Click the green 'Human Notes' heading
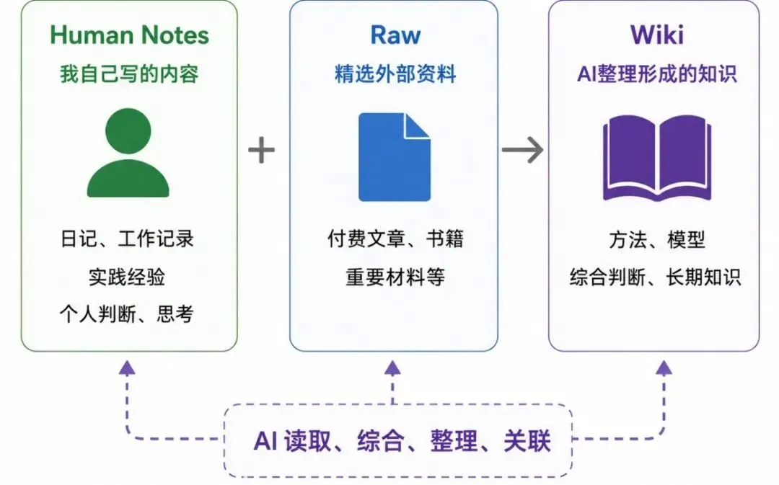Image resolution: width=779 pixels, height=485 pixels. coord(129,35)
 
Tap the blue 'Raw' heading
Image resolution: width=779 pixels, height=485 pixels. coord(395,35)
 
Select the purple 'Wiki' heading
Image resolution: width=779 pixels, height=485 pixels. coord(657,35)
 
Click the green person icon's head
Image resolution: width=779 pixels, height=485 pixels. coord(128,130)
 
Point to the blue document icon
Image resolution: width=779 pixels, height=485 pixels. coord(395,157)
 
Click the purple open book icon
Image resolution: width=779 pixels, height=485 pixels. coord(657,158)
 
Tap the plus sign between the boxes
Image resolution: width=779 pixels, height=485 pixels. coord(261,150)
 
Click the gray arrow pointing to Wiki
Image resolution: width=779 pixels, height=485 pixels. coord(522,149)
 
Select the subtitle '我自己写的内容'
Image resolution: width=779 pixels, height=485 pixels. coord(129,74)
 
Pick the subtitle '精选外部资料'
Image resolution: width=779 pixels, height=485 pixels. coord(395,74)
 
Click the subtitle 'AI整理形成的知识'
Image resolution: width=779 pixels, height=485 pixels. coord(657,74)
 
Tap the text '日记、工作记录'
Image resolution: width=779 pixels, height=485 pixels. coord(127,239)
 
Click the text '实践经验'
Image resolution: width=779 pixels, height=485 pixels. coord(127,277)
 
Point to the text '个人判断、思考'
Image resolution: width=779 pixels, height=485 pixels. coord(126,314)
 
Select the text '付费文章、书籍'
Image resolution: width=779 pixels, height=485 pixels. coord(395,239)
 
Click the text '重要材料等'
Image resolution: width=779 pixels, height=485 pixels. coord(395,277)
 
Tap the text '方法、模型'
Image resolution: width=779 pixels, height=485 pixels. coord(657,240)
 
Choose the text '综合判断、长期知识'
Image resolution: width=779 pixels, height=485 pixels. coord(656,277)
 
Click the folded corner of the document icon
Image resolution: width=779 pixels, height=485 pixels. coord(416,126)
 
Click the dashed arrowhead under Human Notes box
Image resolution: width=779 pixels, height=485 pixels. coord(127,368)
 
